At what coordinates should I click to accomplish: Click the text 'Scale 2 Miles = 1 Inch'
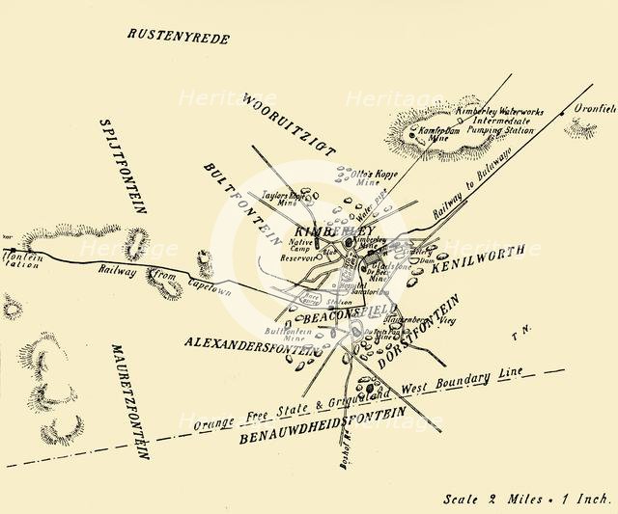click(526, 500)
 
